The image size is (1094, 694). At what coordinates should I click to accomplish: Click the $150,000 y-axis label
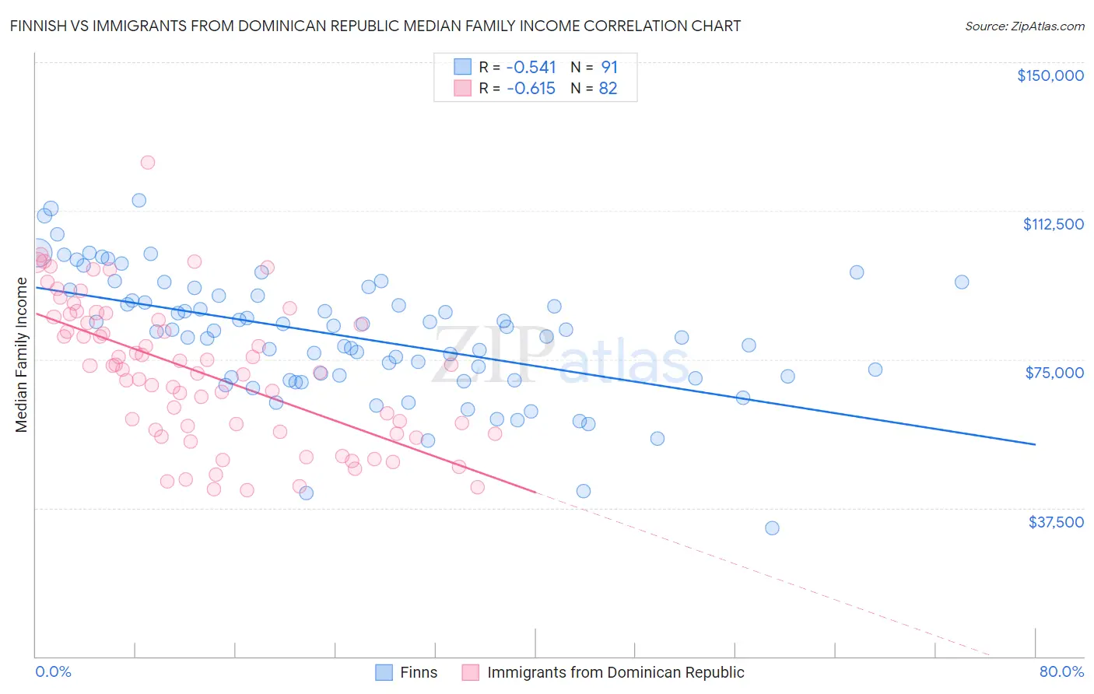[1050, 75]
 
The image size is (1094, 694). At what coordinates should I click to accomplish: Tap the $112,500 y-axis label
[1053, 224]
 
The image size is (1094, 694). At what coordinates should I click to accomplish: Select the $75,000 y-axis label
[1054, 373]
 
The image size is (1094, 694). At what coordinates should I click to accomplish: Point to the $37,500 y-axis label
[1056, 522]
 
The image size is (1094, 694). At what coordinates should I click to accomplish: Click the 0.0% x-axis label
[53, 671]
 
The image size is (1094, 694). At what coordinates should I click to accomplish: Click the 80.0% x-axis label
[1061, 671]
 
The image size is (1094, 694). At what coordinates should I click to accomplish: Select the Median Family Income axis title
[21, 355]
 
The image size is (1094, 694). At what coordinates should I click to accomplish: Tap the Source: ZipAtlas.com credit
[1024, 26]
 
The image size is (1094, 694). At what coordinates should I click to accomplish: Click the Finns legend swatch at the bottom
[384, 672]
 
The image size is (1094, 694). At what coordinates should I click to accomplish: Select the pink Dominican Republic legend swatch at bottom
[470, 672]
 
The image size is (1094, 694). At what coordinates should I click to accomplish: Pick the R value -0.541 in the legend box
[531, 67]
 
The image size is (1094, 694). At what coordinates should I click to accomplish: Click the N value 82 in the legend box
[608, 89]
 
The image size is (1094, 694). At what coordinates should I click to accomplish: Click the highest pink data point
[147, 163]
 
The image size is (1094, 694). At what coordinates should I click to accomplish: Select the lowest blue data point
[772, 528]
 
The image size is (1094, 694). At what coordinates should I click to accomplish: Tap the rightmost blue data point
[962, 282]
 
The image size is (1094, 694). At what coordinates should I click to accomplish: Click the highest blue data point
[139, 200]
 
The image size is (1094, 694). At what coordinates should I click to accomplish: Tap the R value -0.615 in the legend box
[531, 89]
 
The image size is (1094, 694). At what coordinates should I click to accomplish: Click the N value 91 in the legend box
[608, 67]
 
